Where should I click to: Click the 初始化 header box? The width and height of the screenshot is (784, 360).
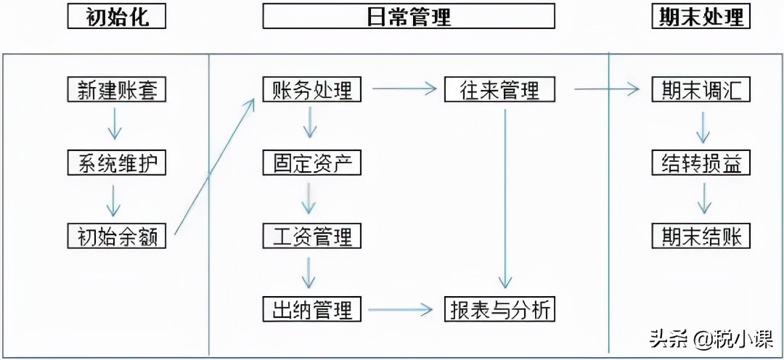click(x=116, y=17)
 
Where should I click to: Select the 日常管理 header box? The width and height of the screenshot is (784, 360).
click(x=409, y=17)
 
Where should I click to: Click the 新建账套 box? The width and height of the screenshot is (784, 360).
click(x=116, y=90)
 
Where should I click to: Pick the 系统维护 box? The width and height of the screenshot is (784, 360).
click(x=116, y=163)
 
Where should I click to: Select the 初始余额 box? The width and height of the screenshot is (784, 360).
click(x=116, y=237)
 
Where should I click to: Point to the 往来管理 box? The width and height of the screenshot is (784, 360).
click(x=500, y=90)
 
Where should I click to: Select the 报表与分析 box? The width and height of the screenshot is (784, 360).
click(x=500, y=310)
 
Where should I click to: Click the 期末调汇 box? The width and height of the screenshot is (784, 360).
click(x=701, y=90)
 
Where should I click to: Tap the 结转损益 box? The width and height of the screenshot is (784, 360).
click(x=701, y=163)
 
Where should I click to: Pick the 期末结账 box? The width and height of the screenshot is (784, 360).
click(x=701, y=237)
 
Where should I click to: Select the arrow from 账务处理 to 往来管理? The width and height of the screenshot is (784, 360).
click(x=407, y=90)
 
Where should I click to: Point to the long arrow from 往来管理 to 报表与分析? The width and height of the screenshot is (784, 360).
click(x=505, y=196)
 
